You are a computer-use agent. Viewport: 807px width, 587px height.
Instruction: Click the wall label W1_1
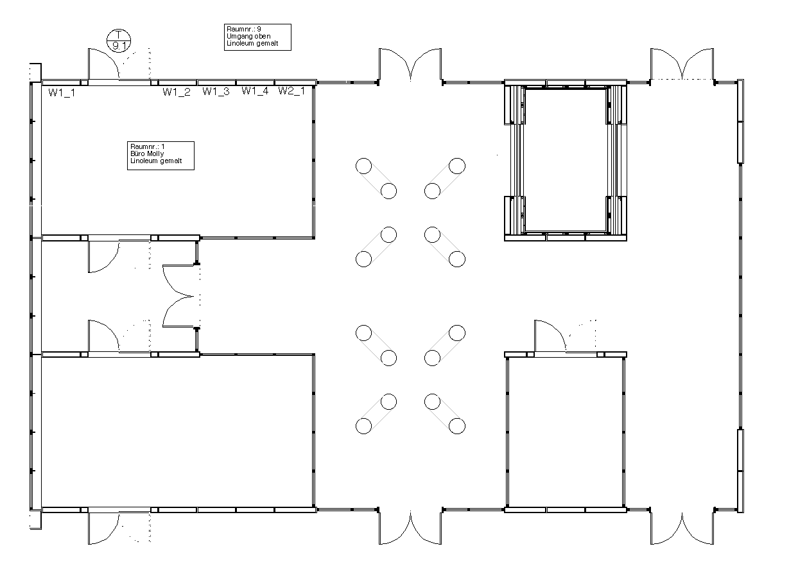point(62,92)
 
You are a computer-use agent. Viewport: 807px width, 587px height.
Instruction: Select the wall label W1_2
point(177,92)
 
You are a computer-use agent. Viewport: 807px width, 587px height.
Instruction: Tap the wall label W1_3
point(216,91)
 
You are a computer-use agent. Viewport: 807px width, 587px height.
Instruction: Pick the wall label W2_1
point(291,91)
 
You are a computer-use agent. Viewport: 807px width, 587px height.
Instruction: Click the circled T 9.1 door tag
point(119,40)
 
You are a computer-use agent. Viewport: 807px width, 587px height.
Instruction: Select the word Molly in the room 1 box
point(155,154)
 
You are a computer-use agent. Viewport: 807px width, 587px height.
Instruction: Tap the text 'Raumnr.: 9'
point(244,29)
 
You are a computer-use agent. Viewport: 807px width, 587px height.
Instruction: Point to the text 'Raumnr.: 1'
point(148,146)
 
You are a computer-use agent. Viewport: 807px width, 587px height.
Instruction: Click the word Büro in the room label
point(137,153)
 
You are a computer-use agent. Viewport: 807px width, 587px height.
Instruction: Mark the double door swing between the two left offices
point(178,296)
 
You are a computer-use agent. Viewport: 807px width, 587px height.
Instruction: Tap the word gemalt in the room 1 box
point(171,161)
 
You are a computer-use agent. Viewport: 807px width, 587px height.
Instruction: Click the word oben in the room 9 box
point(263,37)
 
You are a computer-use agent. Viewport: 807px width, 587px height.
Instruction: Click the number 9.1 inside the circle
point(119,46)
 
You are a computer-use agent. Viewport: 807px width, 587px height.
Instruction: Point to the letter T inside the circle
point(119,35)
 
